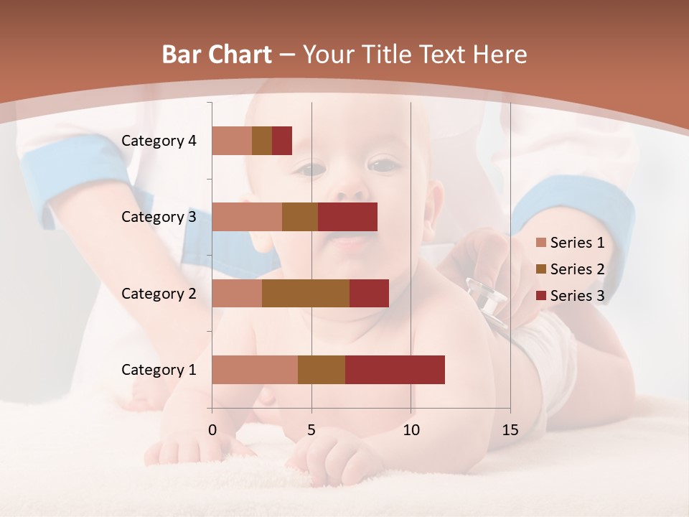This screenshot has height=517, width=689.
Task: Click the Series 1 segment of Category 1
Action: [x=255, y=370]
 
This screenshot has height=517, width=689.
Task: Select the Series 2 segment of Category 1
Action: [x=322, y=370]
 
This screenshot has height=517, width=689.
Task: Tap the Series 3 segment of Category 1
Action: [x=395, y=370]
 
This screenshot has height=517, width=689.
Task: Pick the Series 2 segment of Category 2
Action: [x=306, y=293]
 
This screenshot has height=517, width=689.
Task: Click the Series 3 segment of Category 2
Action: [x=369, y=293]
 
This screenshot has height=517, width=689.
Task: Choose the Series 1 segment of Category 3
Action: [x=247, y=217]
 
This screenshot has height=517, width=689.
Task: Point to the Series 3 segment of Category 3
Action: [x=347, y=217]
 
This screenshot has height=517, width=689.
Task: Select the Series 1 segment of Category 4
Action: [x=232, y=141]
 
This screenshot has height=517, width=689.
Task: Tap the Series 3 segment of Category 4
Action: [x=282, y=141]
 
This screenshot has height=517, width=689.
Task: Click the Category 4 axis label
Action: [x=159, y=141]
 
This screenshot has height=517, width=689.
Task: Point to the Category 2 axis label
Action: [x=159, y=293]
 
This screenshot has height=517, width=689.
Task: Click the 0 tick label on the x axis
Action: [x=212, y=430]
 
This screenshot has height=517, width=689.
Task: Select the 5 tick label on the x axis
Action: [x=311, y=430]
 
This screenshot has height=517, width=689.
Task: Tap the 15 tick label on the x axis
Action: [x=510, y=430]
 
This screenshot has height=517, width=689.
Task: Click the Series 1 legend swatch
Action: [x=541, y=243]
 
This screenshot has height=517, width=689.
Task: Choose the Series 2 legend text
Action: [x=577, y=269]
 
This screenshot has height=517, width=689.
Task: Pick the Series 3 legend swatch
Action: [x=541, y=295]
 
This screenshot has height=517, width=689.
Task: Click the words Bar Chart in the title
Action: [x=217, y=55]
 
